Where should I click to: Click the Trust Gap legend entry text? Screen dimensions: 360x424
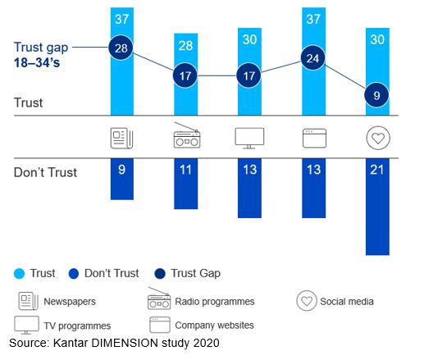pos(196,273)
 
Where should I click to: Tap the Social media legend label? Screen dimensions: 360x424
pos(348,301)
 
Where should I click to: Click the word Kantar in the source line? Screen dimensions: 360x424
pos(72,342)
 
